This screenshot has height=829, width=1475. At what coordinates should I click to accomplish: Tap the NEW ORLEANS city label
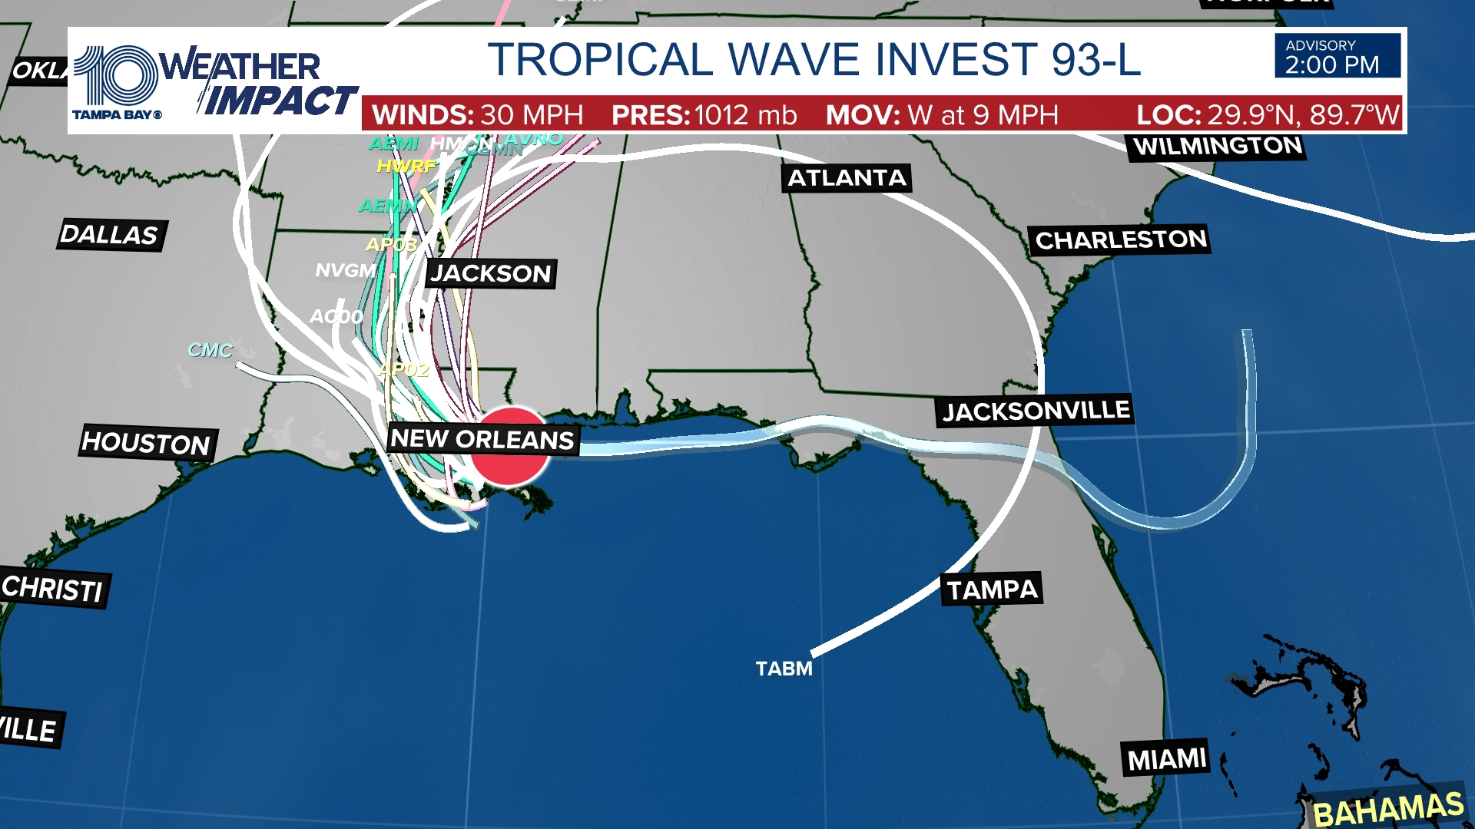(482, 439)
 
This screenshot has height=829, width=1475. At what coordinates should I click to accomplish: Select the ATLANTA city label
(847, 178)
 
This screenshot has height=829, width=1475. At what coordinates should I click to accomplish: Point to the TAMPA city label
(992, 590)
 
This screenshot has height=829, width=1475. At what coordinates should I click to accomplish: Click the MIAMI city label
(1166, 759)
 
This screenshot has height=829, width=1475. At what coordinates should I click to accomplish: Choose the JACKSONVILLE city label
(1036, 411)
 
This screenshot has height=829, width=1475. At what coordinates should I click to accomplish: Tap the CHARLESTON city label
(1121, 240)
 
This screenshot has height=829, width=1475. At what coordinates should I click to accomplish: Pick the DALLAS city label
(110, 235)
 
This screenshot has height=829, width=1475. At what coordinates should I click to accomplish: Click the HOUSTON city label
(147, 443)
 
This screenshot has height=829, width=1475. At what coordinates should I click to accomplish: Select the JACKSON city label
(491, 274)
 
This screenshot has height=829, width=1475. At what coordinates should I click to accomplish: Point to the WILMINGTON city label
(1217, 147)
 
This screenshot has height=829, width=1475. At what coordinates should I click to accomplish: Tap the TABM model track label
(784, 669)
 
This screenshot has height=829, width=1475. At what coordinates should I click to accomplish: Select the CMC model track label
(210, 350)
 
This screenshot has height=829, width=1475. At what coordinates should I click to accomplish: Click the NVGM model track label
(346, 271)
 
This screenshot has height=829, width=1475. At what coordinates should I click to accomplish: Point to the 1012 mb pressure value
(745, 115)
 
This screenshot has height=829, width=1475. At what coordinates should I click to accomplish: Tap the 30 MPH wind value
(532, 115)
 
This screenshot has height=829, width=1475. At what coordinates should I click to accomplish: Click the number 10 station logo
(117, 75)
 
